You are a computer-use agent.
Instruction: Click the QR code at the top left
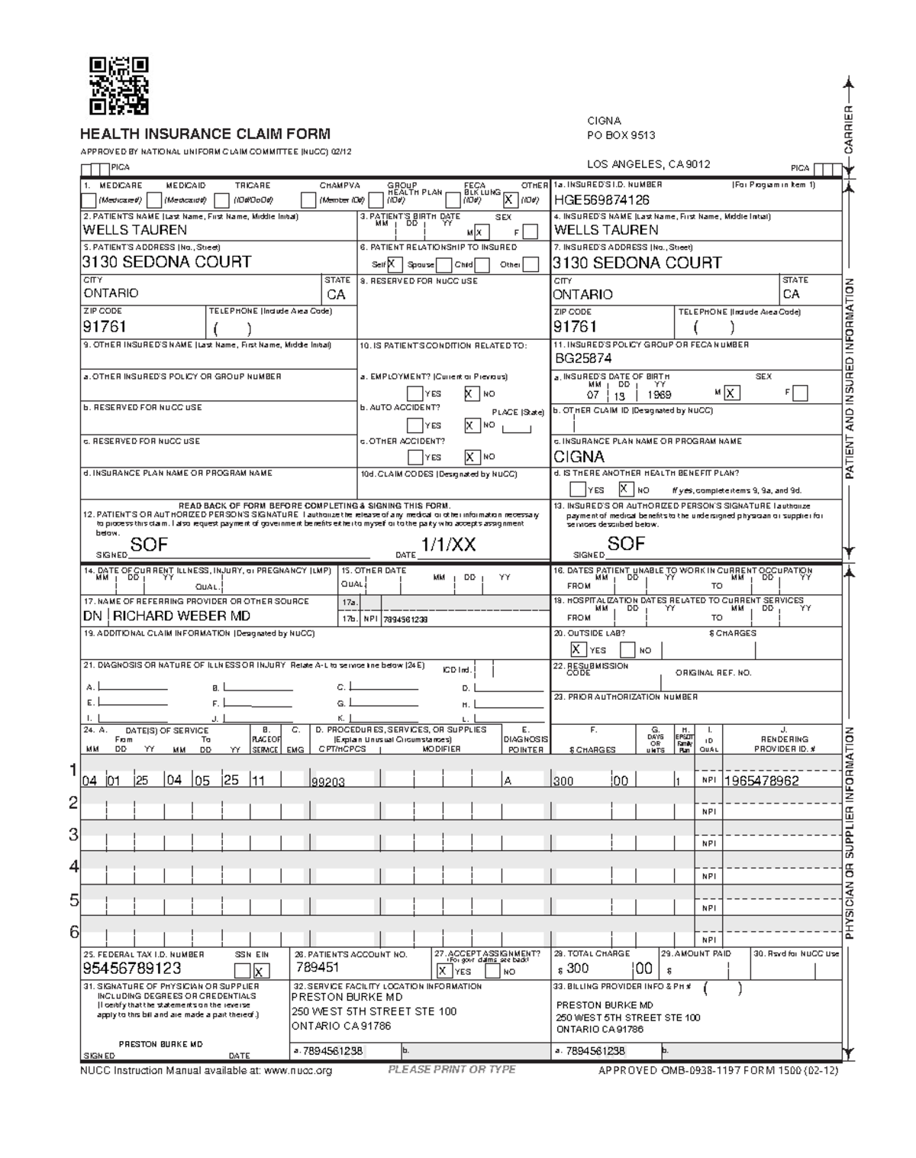(x=118, y=86)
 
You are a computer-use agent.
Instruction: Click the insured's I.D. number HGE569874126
(x=602, y=200)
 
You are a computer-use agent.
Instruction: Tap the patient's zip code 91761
(x=105, y=327)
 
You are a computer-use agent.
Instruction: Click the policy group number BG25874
(x=583, y=358)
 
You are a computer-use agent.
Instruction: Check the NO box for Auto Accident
(x=472, y=425)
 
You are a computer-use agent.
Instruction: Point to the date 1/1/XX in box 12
(x=448, y=545)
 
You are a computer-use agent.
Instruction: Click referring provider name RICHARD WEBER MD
(x=182, y=616)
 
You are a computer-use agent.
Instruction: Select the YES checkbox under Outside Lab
(x=579, y=650)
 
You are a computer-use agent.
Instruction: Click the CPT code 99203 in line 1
(x=328, y=782)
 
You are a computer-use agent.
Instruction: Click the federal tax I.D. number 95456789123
(x=132, y=969)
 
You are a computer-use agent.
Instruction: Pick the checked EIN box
(x=262, y=972)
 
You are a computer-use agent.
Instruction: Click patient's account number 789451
(x=318, y=968)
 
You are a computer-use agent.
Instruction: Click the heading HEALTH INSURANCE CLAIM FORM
(x=205, y=134)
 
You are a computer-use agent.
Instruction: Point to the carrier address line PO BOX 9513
(x=621, y=136)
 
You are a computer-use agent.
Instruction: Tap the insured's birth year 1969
(x=659, y=395)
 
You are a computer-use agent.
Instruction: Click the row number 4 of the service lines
(x=74, y=867)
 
